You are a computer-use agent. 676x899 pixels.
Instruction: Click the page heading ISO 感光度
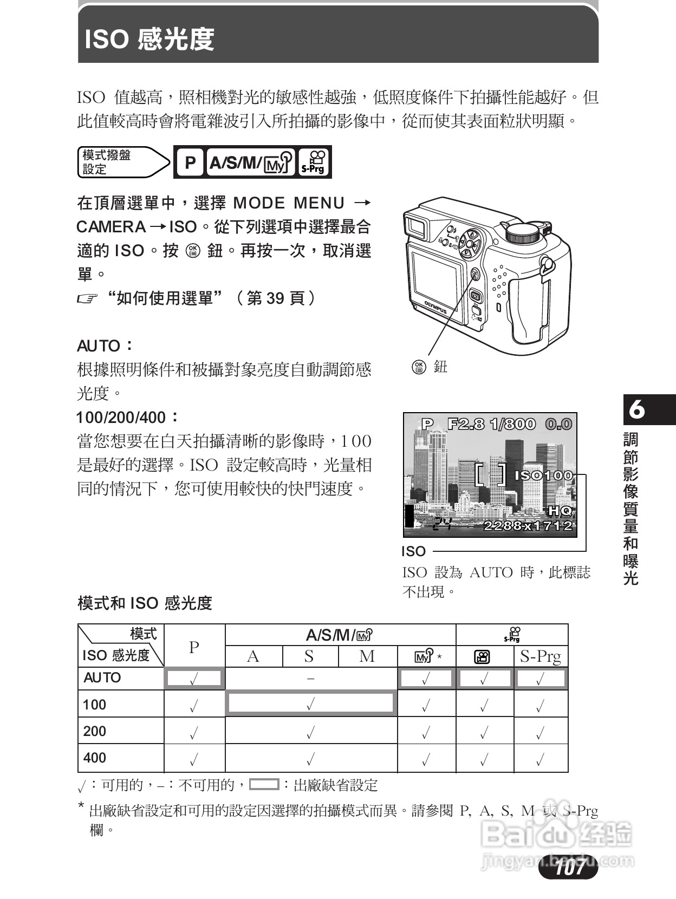[149, 40]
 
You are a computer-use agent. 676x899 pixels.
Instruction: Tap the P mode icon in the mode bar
[190, 162]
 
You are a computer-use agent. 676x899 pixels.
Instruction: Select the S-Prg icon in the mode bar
[314, 162]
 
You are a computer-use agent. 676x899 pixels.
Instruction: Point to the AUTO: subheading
[105, 346]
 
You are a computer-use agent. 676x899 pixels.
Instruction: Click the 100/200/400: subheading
[127, 417]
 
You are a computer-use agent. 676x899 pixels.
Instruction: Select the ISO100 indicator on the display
[543, 475]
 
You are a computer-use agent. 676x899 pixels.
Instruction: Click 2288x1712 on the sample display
[528, 525]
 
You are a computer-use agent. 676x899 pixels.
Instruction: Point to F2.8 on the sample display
[466, 424]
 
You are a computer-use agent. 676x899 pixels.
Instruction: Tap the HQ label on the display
[560, 510]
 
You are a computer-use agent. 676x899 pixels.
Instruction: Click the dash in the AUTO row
[310, 678]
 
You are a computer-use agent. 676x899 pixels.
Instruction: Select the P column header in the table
[194, 647]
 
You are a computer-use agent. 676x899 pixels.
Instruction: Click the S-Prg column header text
[540, 656]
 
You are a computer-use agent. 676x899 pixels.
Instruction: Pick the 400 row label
[95, 758]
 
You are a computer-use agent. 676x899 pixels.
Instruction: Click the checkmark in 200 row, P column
[194, 733]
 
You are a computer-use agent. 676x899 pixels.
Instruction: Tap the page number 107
[569, 867]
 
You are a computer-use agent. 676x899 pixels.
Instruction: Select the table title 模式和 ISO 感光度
[145, 603]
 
